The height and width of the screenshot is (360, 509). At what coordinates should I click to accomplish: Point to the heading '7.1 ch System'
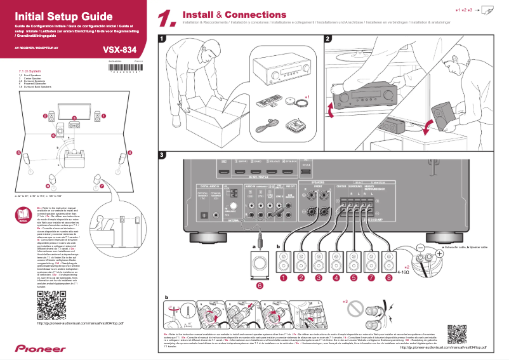30,71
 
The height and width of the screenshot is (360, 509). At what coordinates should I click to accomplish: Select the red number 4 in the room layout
130,153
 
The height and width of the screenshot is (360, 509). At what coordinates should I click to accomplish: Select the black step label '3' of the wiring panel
162,155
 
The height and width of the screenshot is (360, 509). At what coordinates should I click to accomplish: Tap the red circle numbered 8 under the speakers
389,277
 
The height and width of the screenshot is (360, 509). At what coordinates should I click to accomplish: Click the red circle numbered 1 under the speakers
285,277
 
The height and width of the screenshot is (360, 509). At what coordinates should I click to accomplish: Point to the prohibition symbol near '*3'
359,310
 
